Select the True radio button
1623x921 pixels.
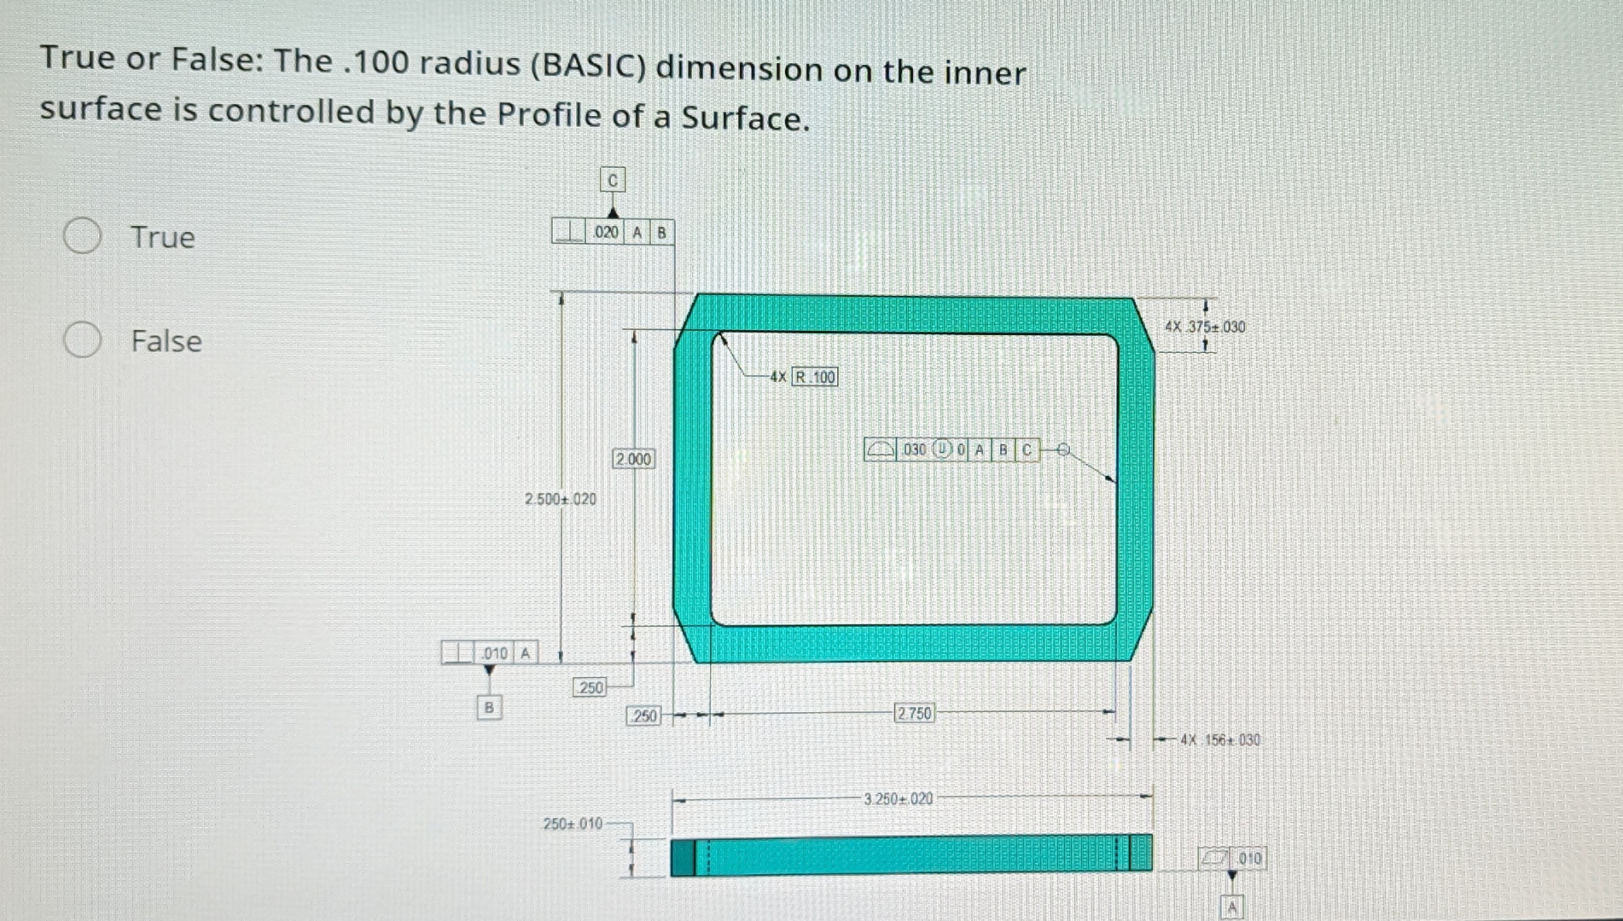click(83, 235)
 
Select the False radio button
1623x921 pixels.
click(83, 339)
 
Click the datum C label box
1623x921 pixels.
click(612, 180)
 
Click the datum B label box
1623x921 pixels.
click(489, 707)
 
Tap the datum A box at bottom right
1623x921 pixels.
click(1231, 907)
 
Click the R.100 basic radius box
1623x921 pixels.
click(815, 377)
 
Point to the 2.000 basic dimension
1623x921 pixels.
click(633, 459)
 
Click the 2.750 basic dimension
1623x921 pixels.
click(914, 713)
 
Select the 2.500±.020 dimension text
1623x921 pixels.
click(561, 499)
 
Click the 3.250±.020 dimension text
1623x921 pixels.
click(899, 799)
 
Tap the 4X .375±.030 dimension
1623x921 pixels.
click(1205, 327)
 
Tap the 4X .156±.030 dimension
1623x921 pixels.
click(1220, 740)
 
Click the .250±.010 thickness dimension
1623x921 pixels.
click(573, 824)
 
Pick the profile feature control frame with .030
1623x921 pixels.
click(952, 449)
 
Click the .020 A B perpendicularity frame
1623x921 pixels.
click(612, 232)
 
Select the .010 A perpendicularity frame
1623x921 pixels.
click(489, 653)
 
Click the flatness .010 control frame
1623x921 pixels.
click(1232, 858)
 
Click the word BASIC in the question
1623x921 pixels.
click(589, 66)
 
